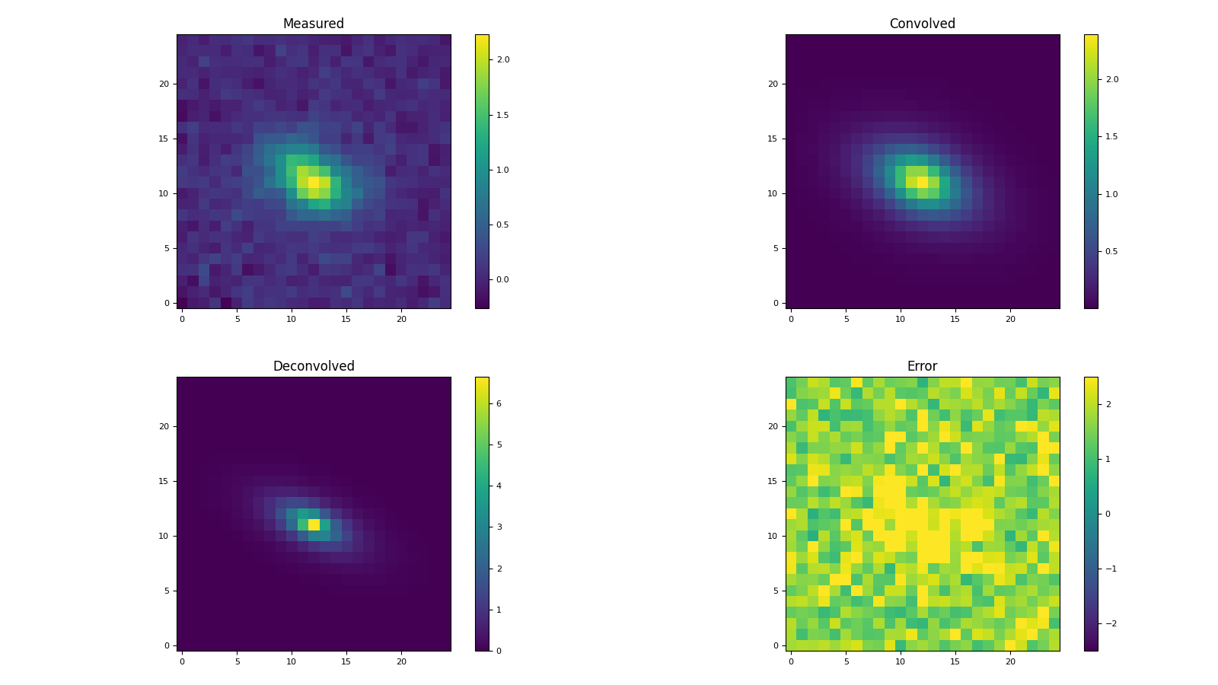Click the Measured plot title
point(314,24)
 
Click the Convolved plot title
point(922,24)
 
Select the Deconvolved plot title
point(314,366)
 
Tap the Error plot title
point(922,366)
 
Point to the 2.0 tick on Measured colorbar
point(502,59)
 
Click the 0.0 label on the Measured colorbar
point(502,280)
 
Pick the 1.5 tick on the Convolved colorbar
point(1111,137)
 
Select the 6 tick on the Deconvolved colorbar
point(499,403)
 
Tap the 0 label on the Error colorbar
point(1108,514)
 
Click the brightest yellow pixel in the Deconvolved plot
point(314,524)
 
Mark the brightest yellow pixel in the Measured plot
point(314,182)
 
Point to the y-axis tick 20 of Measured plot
point(164,84)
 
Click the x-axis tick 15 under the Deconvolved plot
point(346,662)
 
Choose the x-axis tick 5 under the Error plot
point(846,662)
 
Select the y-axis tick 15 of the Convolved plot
point(773,139)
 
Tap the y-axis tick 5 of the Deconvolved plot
point(166,591)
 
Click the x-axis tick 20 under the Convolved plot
point(1010,320)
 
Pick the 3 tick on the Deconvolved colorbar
point(499,527)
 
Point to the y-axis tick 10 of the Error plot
point(773,536)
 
